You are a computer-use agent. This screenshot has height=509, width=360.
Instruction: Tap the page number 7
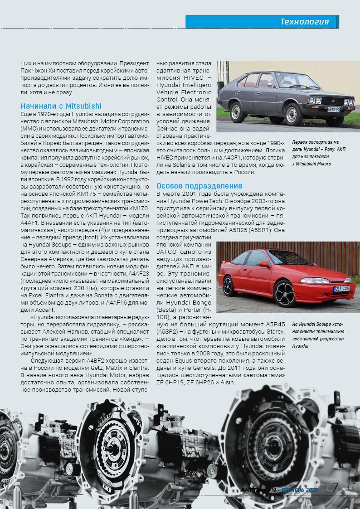point(336,488)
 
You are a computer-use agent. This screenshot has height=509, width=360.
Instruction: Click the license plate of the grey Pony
point(333,109)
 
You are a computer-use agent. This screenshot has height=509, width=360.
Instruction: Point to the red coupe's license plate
point(341,288)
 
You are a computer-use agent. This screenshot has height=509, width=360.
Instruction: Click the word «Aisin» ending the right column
point(226,383)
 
